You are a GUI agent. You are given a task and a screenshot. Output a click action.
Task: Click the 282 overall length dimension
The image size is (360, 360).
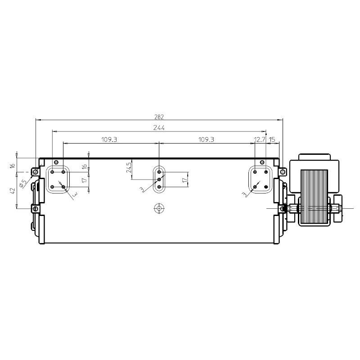(x=159, y=117)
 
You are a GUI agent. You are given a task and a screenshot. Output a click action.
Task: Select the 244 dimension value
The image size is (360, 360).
(x=159, y=128)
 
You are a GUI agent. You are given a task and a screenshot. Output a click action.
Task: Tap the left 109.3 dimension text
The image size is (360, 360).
(x=109, y=139)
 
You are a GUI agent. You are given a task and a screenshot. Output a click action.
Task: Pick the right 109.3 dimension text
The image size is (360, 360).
(x=206, y=139)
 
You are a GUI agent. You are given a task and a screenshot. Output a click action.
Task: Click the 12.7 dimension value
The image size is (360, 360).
(x=260, y=139)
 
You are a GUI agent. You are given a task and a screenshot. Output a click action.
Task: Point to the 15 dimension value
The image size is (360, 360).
(x=272, y=139)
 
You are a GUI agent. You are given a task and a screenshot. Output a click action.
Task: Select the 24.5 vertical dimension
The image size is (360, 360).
(x=129, y=167)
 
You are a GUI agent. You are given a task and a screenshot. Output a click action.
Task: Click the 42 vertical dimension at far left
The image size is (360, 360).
(x=13, y=190)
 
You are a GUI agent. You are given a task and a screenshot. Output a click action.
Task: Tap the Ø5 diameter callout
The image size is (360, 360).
(x=23, y=184)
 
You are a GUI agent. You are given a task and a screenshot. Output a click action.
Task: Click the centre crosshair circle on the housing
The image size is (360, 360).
(x=159, y=208)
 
